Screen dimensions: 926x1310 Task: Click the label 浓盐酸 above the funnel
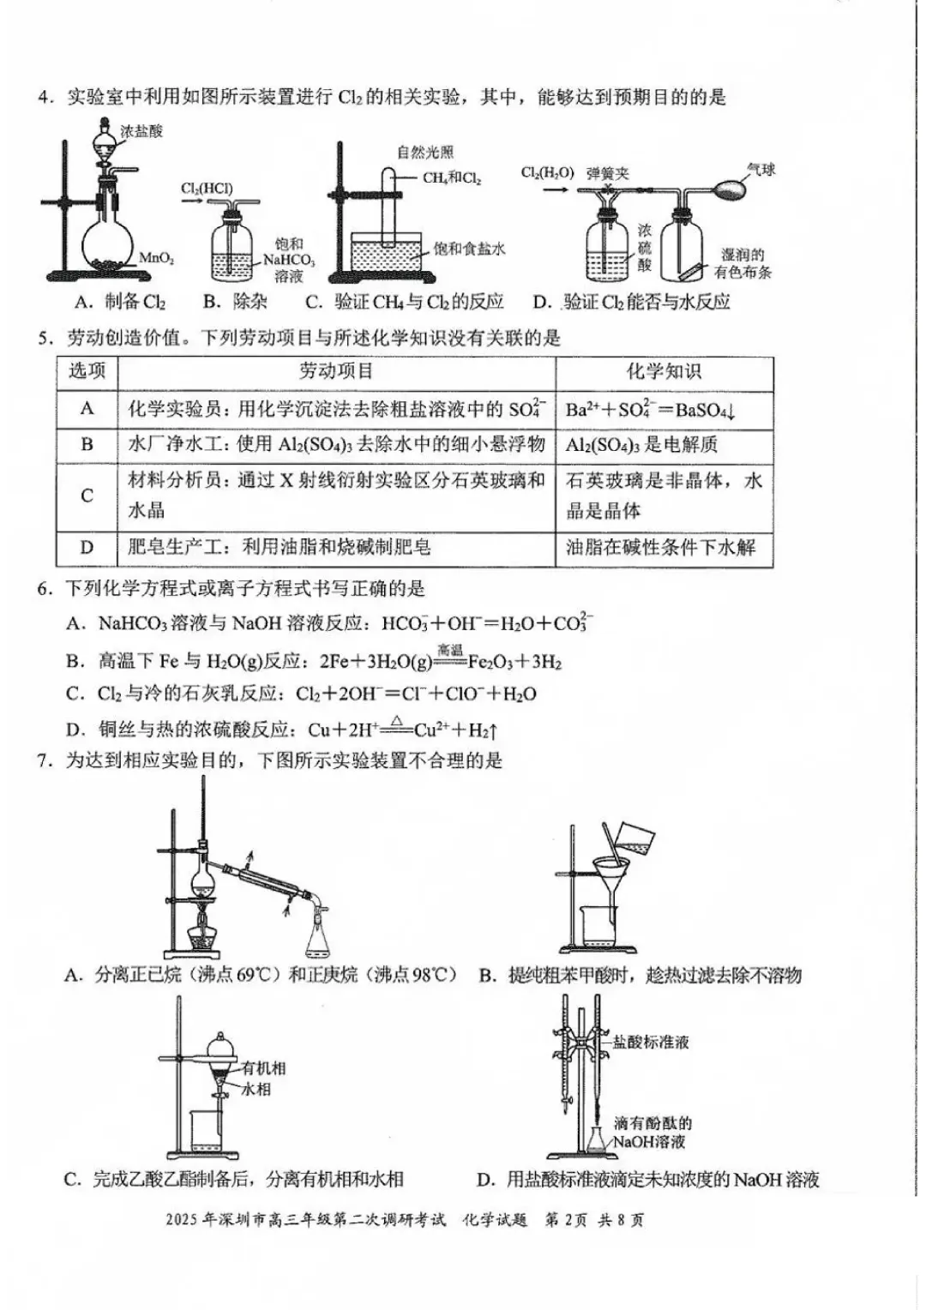(x=141, y=131)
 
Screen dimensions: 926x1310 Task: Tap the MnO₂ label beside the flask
(x=157, y=258)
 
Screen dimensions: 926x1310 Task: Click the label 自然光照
(x=425, y=153)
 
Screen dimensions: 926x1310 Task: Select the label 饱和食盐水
(x=469, y=249)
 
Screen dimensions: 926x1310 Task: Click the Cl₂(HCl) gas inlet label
(x=207, y=189)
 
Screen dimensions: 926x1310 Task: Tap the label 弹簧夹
(x=607, y=174)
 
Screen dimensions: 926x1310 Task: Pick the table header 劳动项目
(x=336, y=371)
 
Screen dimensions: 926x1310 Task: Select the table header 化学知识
(x=664, y=371)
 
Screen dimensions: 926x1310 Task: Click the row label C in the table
(x=87, y=496)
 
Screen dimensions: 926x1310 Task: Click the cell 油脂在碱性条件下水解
(x=660, y=547)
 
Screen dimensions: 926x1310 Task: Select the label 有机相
(x=263, y=1068)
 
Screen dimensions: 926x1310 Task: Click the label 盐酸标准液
(x=651, y=1043)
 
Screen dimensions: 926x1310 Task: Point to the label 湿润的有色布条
(x=743, y=263)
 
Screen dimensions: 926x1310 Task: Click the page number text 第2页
(x=566, y=1219)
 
